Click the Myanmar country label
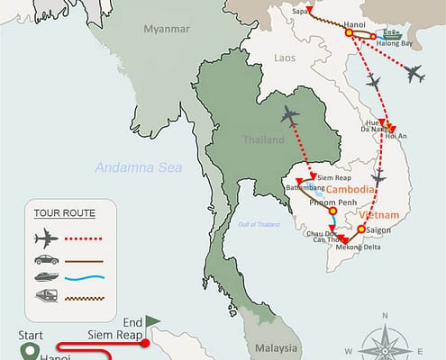(x=166, y=29)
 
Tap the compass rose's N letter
(x=385, y=316)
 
